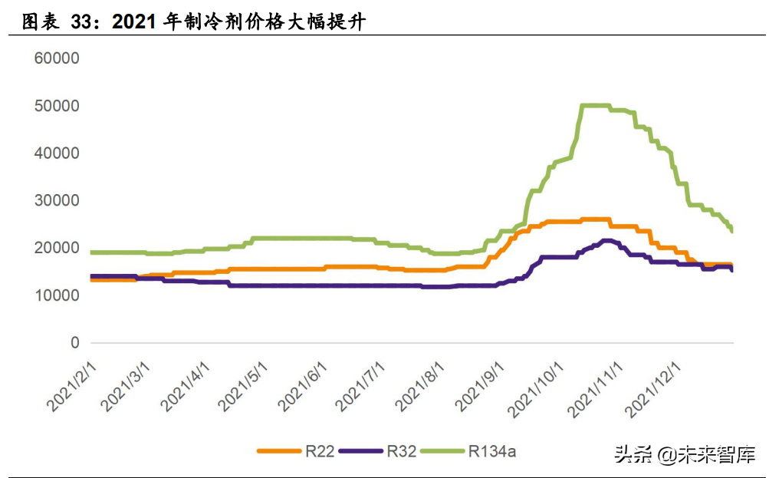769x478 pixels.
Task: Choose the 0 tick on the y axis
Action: coord(74,343)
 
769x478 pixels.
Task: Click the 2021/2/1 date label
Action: coord(74,385)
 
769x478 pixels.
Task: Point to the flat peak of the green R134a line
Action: coord(596,106)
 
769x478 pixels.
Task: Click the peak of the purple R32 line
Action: coord(608,241)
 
